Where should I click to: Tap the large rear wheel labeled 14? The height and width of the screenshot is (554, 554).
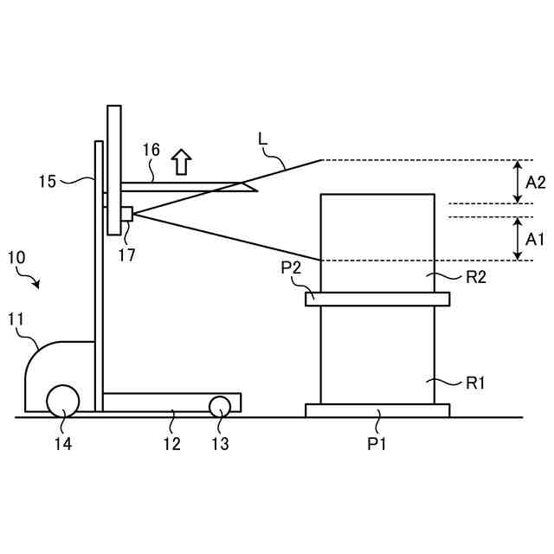63,401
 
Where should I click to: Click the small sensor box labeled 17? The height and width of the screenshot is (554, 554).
126,213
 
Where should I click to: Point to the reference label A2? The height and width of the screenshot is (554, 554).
536,183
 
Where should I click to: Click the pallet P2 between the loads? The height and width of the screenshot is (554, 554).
377,300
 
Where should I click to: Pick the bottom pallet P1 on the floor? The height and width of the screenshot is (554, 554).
377,410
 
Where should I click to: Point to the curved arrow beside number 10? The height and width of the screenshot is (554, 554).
33,280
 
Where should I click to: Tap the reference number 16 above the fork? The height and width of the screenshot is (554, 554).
151,150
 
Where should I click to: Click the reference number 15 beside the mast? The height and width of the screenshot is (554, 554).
48,181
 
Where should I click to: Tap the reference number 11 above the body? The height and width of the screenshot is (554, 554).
17,320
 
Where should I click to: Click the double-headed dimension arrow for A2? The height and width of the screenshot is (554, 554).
517,182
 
